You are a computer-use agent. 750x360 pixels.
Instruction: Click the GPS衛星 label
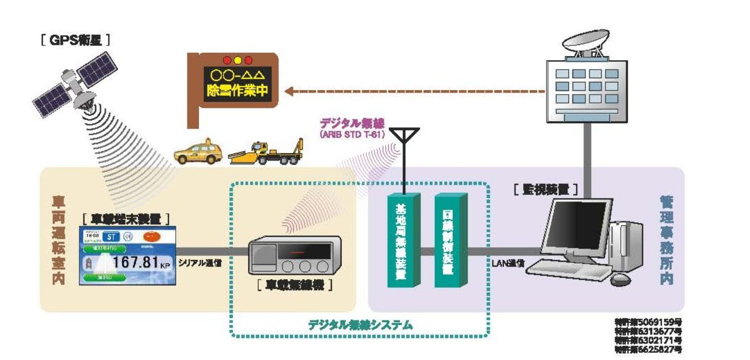click(x=76, y=40)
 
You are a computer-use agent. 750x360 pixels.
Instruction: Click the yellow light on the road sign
click(x=238, y=60)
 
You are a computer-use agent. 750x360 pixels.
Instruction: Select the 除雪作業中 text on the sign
click(x=238, y=90)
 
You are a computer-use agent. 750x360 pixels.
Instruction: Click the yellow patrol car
click(x=198, y=153)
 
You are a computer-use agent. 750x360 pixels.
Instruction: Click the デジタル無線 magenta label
click(x=352, y=124)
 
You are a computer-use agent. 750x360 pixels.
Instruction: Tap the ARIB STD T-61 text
click(x=352, y=135)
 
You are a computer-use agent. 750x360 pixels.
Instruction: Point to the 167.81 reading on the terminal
click(x=135, y=262)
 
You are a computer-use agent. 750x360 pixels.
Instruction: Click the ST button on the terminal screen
click(x=111, y=237)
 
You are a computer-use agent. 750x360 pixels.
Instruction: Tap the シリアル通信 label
click(x=200, y=263)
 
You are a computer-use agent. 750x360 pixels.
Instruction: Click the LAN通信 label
click(x=508, y=263)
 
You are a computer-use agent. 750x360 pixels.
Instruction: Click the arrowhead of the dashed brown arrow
click(x=289, y=91)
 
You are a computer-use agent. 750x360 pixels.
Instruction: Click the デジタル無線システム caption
click(x=360, y=325)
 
